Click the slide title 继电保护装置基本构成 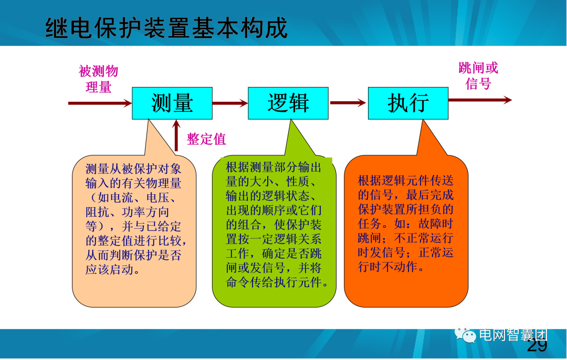coord(166,27)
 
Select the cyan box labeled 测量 coord(172,103)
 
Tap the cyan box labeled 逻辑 coord(288,103)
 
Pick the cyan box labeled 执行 coord(408,103)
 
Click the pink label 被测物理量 coord(98,79)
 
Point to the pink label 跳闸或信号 coord(478,76)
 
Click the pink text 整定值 coord(206,139)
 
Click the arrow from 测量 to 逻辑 coord(230,103)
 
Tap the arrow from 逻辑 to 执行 coord(348,103)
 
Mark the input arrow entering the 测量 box coord(100,103)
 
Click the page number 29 coord(537,346)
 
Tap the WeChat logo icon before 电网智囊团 coord(466,335)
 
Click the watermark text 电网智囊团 coord(512,335)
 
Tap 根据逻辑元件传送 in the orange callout coord(405,181)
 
